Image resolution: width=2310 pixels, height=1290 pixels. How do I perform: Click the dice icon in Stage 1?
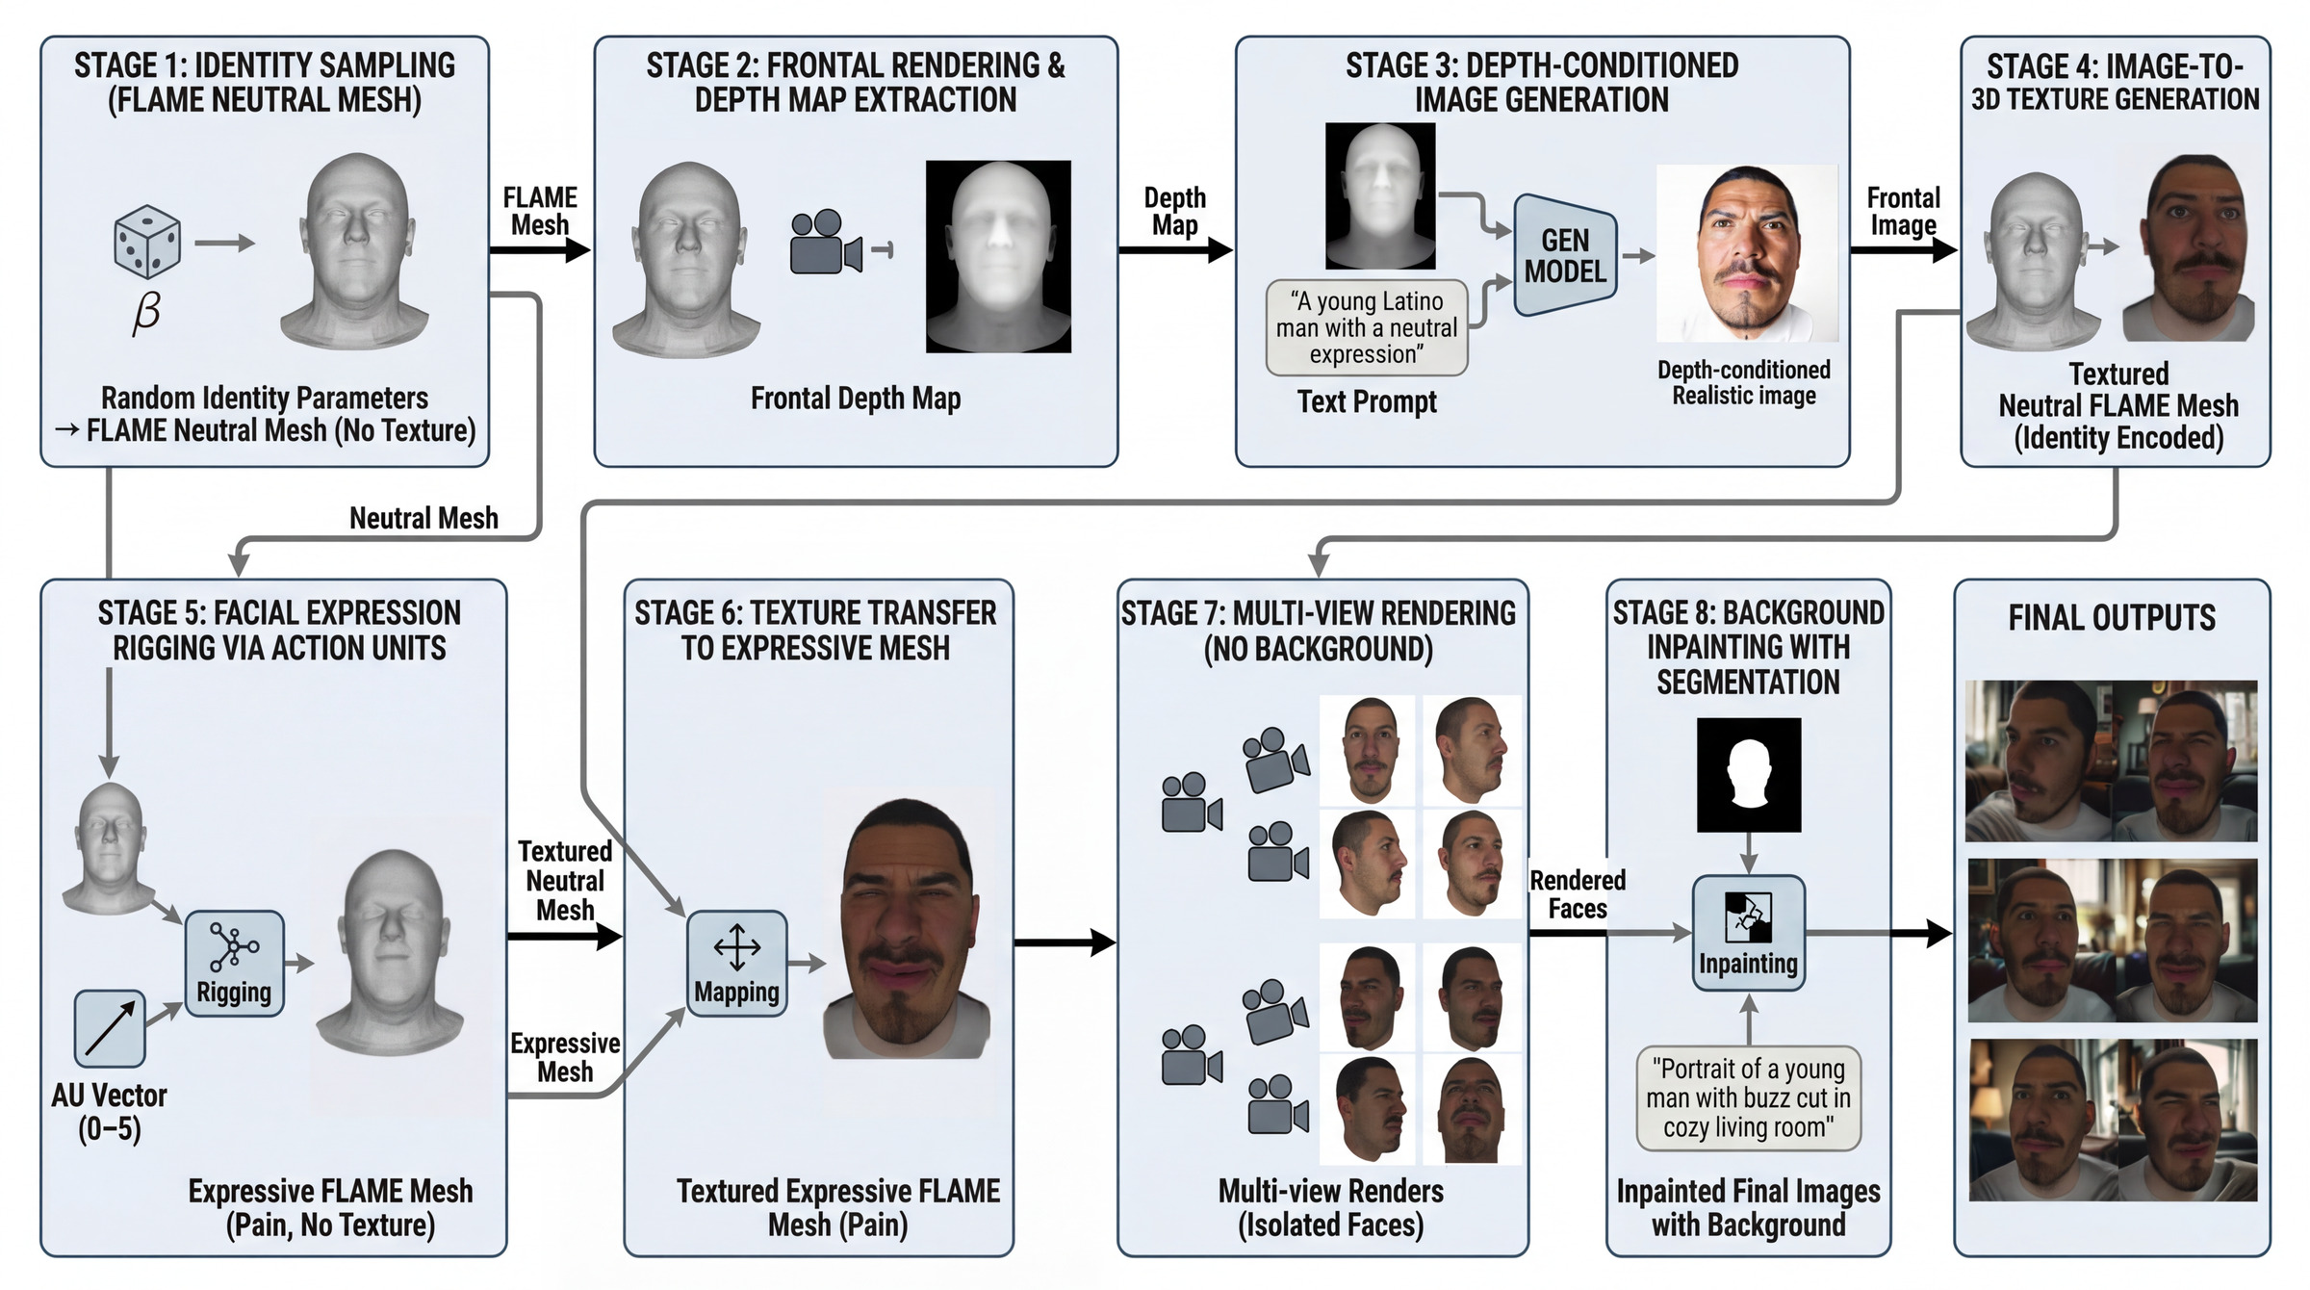tap(146, 241)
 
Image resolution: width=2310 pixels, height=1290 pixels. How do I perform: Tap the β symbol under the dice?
tap(146, 313)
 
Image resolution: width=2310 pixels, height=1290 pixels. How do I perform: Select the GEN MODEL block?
tap(1565, 255)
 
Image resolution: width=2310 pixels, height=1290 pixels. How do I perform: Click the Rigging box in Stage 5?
tap(234, 964)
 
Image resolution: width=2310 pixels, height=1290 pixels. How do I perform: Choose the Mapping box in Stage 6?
tap(736, 964)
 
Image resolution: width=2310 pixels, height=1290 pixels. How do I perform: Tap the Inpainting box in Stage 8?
tap(1748, 933)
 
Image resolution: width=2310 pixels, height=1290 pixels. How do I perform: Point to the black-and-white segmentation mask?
tap(1748, 775)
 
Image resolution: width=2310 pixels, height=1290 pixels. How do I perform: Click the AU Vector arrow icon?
tap(110, 1028)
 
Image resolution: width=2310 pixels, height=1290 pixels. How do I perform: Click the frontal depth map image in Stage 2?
tap(998, 256)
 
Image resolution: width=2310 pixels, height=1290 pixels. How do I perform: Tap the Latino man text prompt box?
tap(1366, 328)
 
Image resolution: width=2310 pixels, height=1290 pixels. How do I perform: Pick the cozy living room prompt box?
tap(1748, 1098)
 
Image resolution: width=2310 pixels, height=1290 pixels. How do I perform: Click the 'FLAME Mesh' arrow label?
tap(540, 211)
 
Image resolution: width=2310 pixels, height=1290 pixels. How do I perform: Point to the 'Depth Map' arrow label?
tap(1174, 211)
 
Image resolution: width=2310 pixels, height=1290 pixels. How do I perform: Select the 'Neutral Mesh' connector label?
tap(423, 518)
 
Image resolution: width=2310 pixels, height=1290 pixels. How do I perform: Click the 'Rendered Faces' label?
tap(1578, 894)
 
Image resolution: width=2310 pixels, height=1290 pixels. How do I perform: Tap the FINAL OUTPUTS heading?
tap(2112, 617)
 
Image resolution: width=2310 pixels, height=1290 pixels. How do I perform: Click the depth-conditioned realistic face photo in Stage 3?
tap(1746, 252)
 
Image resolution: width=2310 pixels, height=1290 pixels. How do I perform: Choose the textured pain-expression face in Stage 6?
tap(906, 930)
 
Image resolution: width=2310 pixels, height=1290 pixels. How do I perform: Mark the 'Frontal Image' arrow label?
tap(1903, 211)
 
